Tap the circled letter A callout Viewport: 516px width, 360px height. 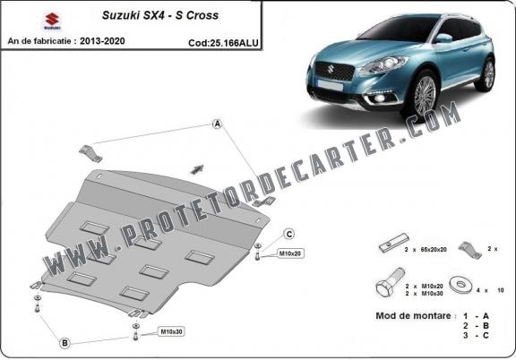tap(216, 124)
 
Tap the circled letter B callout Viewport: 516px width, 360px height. tap(64, 341)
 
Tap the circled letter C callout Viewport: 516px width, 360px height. tap(290, 234)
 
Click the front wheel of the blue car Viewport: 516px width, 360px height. tap(424, 90)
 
